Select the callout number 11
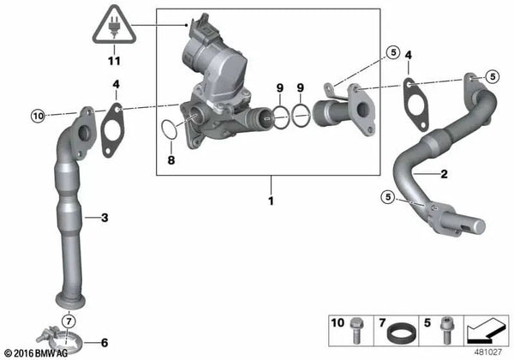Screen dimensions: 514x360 click(x=114, y=61)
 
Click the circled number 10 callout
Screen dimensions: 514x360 click(x=38, y=116)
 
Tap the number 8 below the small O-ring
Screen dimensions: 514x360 click(x=171, y=160)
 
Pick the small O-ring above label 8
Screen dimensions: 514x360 click(x=170, y=129)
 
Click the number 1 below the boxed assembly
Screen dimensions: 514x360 click(x=271, y=201)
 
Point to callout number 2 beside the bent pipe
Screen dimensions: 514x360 click(x=444, y=174)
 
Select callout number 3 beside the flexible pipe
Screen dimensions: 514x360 click(x=105, y=218)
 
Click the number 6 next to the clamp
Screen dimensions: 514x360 click(x=105, y=343)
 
